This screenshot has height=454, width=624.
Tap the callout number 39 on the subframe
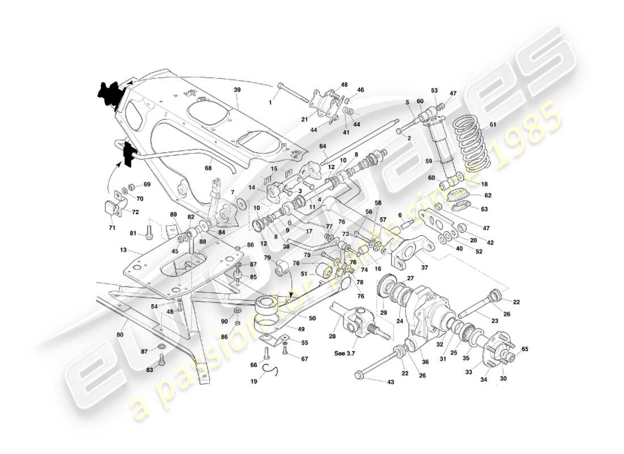click(237, 90)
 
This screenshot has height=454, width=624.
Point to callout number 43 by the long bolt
click(390, 382)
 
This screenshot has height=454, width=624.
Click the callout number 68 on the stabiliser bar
click(209, 167)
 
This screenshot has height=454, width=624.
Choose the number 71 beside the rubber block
click(112, 228)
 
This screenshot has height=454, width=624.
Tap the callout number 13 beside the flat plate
click(124, 250)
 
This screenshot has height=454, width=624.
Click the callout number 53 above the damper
click(435, 90)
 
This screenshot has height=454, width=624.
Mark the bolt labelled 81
click(149, 233)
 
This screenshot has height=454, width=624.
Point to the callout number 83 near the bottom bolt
click(150, 369)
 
